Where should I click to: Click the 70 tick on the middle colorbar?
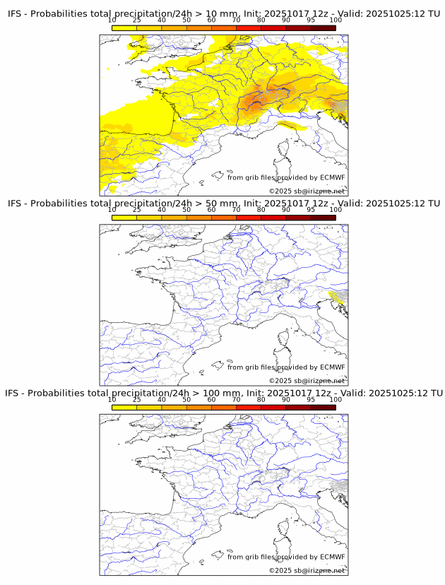tap(236, 209)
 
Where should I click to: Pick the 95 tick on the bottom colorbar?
tap(311, 400)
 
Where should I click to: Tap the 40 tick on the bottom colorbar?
tap(162, 400)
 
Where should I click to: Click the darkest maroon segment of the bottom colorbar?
tap(323, 407)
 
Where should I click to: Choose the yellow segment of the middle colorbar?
tap(124, 218)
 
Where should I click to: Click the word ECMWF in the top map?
tap(332, 177)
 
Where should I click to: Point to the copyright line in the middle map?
tap(307, 381)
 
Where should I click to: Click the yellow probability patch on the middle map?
tap(338, 297)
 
